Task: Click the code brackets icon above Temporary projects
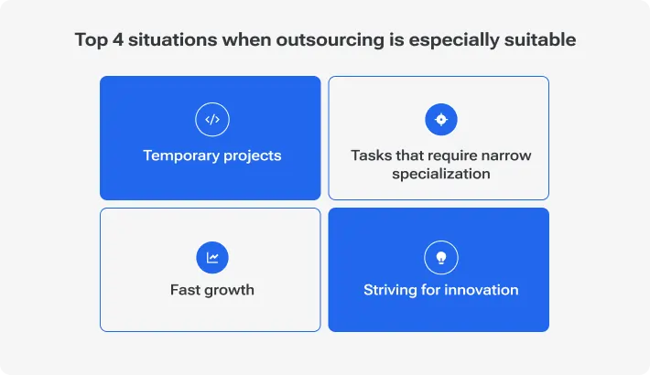211,119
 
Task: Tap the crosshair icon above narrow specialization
440,119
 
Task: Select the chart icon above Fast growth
211,257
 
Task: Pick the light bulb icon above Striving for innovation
440,257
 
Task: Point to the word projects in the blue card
252,156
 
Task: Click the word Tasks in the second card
371,155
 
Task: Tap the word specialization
440,174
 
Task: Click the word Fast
186,290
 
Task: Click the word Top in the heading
89,40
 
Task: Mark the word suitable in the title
544,40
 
